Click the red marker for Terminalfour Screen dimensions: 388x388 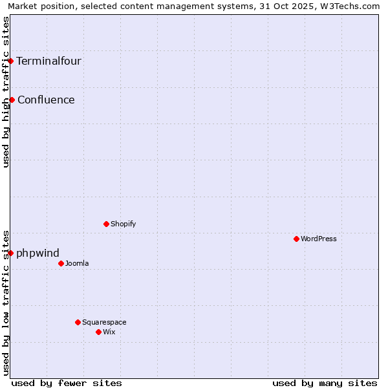11,61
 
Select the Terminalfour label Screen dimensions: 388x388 48,61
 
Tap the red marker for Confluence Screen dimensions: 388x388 12,100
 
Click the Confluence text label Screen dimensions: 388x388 46,100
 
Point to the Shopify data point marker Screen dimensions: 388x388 106,224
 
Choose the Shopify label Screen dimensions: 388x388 123,224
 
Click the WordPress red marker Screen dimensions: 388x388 296,239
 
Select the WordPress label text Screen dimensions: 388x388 319,239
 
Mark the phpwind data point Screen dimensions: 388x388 11,253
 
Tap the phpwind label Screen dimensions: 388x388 38,253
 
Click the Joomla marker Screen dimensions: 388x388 61,263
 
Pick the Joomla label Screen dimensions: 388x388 77,263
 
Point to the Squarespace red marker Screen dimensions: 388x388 78,322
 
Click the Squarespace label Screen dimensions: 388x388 104,322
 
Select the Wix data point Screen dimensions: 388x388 98,332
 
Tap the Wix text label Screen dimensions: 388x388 109,332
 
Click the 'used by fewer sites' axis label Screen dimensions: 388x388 67,383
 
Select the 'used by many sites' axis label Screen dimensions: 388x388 325,383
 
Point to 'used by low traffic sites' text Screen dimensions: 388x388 6,302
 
